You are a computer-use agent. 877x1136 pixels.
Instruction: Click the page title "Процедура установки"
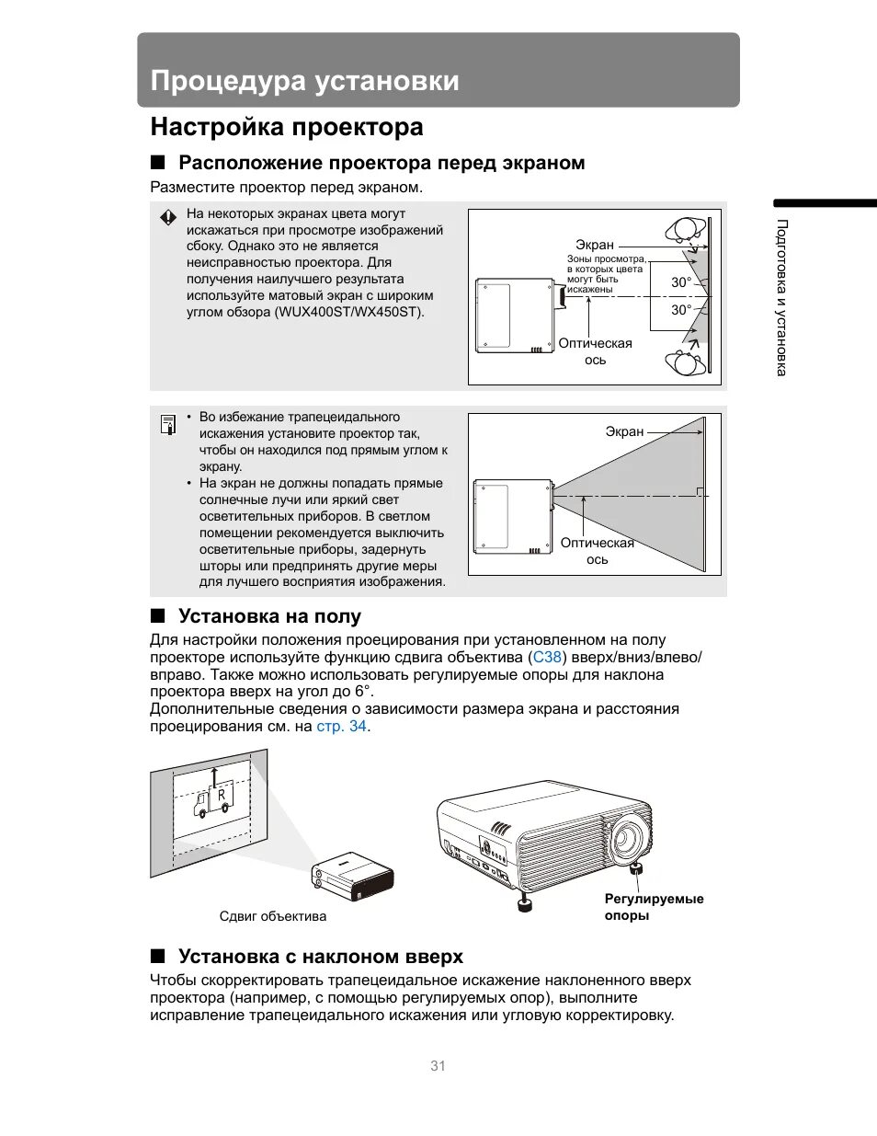[304, 81]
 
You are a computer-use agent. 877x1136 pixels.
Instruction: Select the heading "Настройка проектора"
[287, 127]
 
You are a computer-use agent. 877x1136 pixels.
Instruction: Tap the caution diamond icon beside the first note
[168, 218]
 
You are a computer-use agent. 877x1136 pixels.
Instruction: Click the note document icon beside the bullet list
[168, 424]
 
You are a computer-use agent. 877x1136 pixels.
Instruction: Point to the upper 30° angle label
[680, 282]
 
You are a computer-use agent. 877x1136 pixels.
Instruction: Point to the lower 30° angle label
[680, 310]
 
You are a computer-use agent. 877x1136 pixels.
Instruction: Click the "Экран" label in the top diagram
[595, 245]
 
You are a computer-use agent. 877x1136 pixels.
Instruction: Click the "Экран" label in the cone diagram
[624, 431]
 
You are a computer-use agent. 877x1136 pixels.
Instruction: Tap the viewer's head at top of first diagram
[686, 229]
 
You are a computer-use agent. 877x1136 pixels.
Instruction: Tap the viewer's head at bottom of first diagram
[686, 362]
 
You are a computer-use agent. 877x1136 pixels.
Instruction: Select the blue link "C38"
[547, 658]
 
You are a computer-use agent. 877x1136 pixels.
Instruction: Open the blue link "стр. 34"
[341, 727]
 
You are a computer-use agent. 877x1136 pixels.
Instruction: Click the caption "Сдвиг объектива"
[273, 916]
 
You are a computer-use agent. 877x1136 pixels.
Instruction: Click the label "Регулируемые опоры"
[654, 907]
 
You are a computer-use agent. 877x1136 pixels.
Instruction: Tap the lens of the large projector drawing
[626, 836]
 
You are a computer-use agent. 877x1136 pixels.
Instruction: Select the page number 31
[438, 1066]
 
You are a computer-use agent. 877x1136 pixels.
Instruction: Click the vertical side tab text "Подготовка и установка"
[782, 297]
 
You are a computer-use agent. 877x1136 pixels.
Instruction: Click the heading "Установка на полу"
[269, 616]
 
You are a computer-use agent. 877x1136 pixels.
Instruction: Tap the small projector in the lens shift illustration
[353, 877]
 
